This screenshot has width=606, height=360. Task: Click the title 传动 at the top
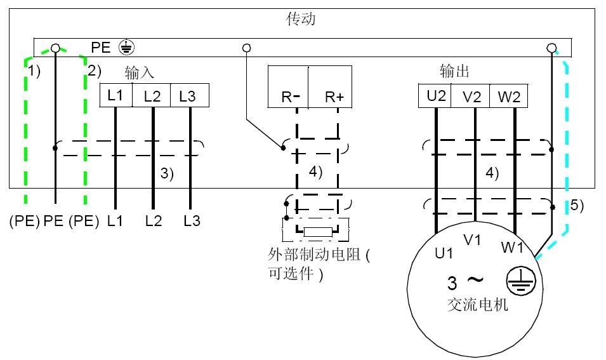pos(301,19)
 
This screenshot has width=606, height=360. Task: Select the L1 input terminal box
pos(115,96)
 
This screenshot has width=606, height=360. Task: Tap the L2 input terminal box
pos(152,96)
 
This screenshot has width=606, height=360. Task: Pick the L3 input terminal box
pos(188,96)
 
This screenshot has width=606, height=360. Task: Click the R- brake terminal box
pos(288,86)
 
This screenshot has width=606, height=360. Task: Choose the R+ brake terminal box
pos(330,86)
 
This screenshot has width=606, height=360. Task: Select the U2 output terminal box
pos(435,96)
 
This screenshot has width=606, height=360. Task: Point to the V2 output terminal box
pos(472,96)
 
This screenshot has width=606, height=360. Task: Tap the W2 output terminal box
pos(509,96)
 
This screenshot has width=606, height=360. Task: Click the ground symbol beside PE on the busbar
pos(126,48)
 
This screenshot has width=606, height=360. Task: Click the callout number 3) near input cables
pos(167,173)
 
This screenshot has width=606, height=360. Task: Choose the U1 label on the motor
pos(444,253)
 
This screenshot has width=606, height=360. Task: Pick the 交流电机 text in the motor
pos(477,305)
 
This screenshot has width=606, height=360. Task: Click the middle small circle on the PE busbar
pos(247,48)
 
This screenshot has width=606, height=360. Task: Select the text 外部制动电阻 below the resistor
pos(315,255)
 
